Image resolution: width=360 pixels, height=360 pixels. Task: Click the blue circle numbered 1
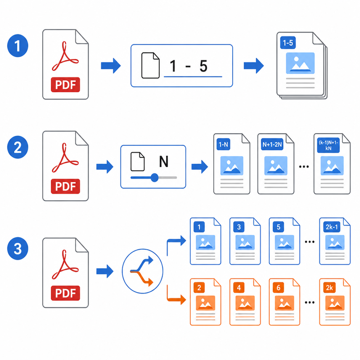pyautogui.click(x=18, y=45)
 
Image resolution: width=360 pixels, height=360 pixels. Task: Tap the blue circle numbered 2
pyautogui.click(x=18, y=147)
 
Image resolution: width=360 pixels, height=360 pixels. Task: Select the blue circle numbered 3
pyautogui.click(x=18, y=248)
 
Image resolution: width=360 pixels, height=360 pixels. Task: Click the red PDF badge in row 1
pyautogui.click(x=65, y=85)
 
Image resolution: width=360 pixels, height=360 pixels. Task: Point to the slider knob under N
pyautogui.click(x=154, y=177)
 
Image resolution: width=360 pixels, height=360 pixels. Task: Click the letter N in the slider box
pyautogui.click(x=164, y=162)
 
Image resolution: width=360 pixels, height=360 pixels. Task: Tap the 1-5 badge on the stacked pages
pyautogui.click(x=288, y=43)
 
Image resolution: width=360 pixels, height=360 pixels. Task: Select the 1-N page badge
pyautogui.click(x=223, y=144)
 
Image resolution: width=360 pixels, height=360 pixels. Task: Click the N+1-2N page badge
pyautogui.click(x=272, y=144)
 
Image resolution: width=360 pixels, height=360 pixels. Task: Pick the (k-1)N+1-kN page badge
pyautogui.click(x=328, y=145)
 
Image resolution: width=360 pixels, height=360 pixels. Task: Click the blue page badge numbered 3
pyautogui.click(x=239, y=227)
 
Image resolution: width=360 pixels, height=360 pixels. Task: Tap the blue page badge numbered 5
pyautogui.click(x=278, y=227)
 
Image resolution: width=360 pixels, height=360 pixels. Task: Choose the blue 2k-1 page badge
pyautogui.click(x=332, y=227)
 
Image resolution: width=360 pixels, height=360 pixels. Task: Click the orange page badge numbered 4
pyautogui.click(x=239, y=288)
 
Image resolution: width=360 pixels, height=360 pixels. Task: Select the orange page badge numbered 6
pyautogui.click(x=278, y=288)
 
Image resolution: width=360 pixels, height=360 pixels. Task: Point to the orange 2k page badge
pyautogui.click(x=329, y=288)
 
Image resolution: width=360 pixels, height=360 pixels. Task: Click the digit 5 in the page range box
pyautogui.click(x=203, y=66)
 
